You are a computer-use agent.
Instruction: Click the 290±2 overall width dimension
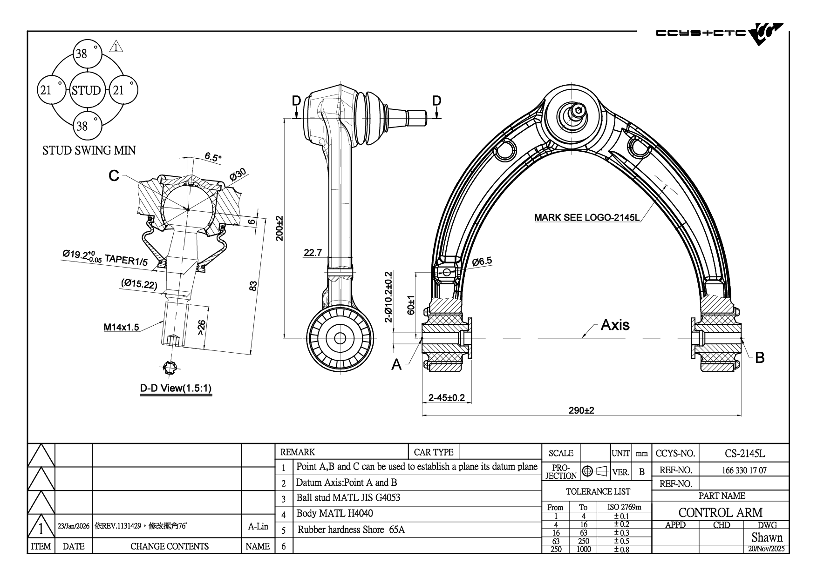581,410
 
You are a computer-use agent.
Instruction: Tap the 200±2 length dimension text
279,228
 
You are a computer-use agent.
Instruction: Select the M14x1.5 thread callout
121,327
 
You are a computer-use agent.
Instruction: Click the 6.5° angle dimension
213,157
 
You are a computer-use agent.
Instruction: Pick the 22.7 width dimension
313,253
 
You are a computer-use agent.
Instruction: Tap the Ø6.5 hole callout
482,262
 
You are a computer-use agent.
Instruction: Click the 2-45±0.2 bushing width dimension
446,397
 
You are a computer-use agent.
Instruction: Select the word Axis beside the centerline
615,324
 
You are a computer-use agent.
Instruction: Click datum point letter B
759,357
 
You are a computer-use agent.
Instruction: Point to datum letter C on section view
114,175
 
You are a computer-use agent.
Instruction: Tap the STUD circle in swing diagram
86,90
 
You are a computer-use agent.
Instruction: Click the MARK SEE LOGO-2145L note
586,217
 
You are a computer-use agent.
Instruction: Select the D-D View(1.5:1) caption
176,388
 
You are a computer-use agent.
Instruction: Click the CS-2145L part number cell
744,453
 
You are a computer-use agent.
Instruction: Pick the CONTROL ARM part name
720,512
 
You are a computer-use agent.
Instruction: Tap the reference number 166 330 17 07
744,470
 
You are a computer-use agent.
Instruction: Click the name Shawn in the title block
767,537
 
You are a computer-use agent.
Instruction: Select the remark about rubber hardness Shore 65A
351,530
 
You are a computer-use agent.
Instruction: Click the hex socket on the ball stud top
578,110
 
